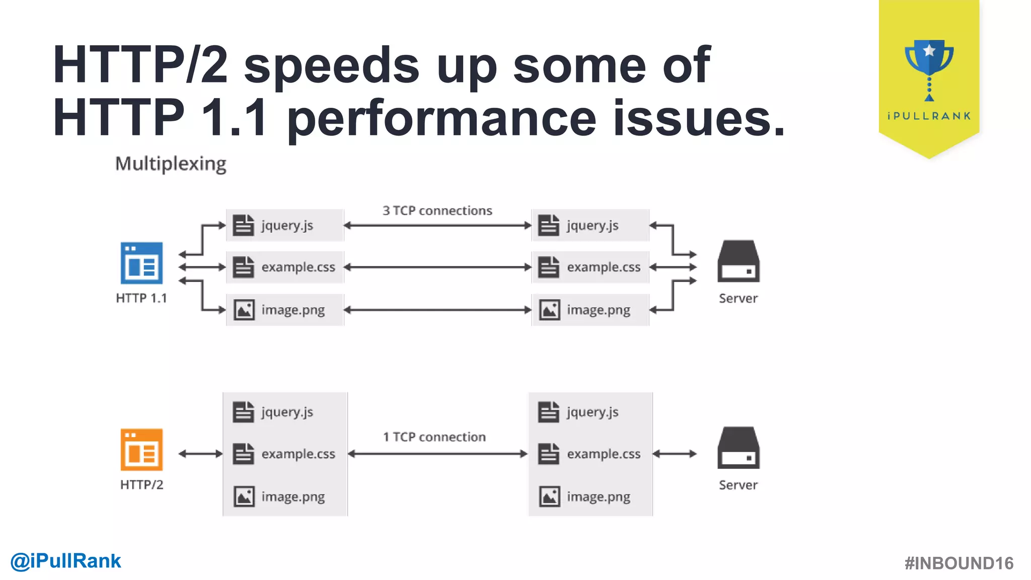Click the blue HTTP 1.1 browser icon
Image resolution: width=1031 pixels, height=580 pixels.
point(141,263)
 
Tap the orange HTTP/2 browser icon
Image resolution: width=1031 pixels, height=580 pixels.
point(141,449)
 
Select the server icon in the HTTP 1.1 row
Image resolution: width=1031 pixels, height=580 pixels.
point(738,261)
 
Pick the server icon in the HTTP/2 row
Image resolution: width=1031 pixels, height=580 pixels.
point(738,448)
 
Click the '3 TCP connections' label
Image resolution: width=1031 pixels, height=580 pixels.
point(437,210)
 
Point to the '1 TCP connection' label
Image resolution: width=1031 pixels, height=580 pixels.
point(434,437)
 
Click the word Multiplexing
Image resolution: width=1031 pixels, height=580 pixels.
point(171,164)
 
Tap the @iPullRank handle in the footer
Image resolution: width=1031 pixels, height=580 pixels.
point(66,561)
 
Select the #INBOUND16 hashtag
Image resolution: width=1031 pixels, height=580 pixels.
point(959,563)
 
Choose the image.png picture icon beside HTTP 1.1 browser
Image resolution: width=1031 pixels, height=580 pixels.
point(244,310)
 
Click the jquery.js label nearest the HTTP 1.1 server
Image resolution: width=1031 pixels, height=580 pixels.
point(593,226)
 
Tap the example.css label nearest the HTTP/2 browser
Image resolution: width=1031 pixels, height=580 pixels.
point(298,454)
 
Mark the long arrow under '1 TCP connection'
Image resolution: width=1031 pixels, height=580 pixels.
point(437,454)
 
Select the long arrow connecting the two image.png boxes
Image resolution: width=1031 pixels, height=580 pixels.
point(437,310)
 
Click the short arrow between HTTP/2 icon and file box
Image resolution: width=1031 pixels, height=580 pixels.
point(200,454)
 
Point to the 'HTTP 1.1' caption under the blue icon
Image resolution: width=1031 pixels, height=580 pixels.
point(141,299)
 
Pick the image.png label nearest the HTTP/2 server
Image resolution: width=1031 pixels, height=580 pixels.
point(599,497)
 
